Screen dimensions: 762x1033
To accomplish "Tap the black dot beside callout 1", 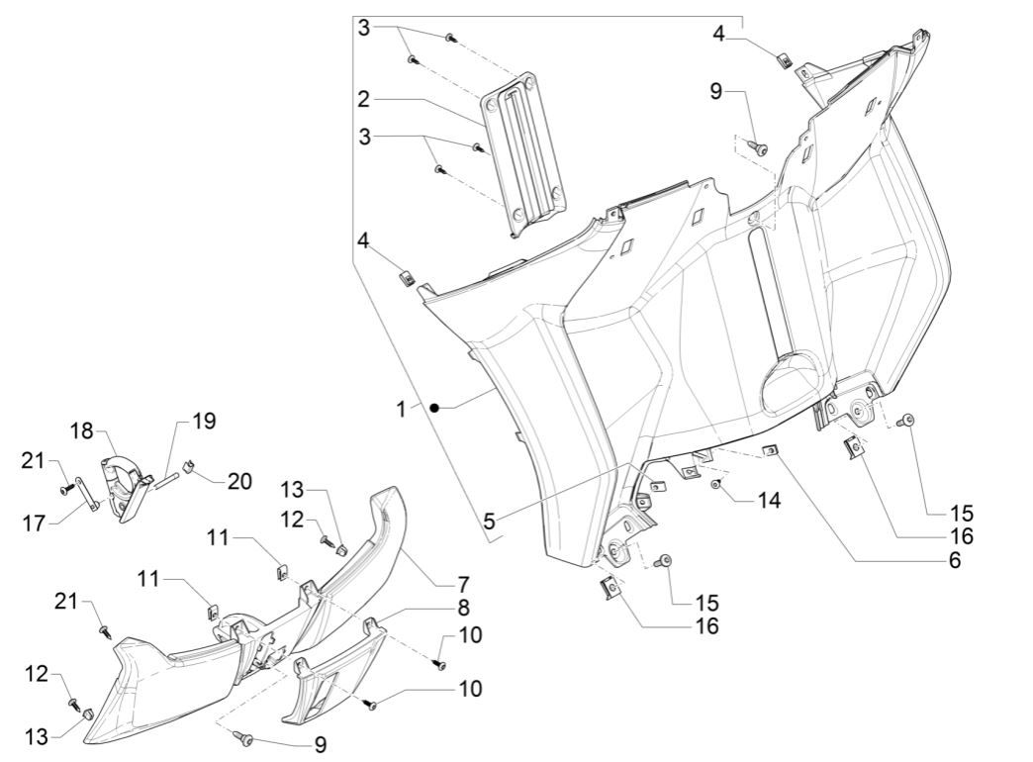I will (x=433, y=408).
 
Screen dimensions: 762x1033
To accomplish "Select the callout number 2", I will (x=364, y=99).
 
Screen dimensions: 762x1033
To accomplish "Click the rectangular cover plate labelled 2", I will (x=523, y=153).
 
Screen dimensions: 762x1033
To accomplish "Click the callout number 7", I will (x=463, y=583).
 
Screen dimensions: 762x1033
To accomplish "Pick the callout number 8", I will (x=463, y=607).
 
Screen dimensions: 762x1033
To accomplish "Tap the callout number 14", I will (x=768, y=501).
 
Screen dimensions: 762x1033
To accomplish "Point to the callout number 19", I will (x=203, y=421).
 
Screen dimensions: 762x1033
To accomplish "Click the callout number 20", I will (x=239, y=481).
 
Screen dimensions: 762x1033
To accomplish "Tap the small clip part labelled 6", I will (x=769, y=451).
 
